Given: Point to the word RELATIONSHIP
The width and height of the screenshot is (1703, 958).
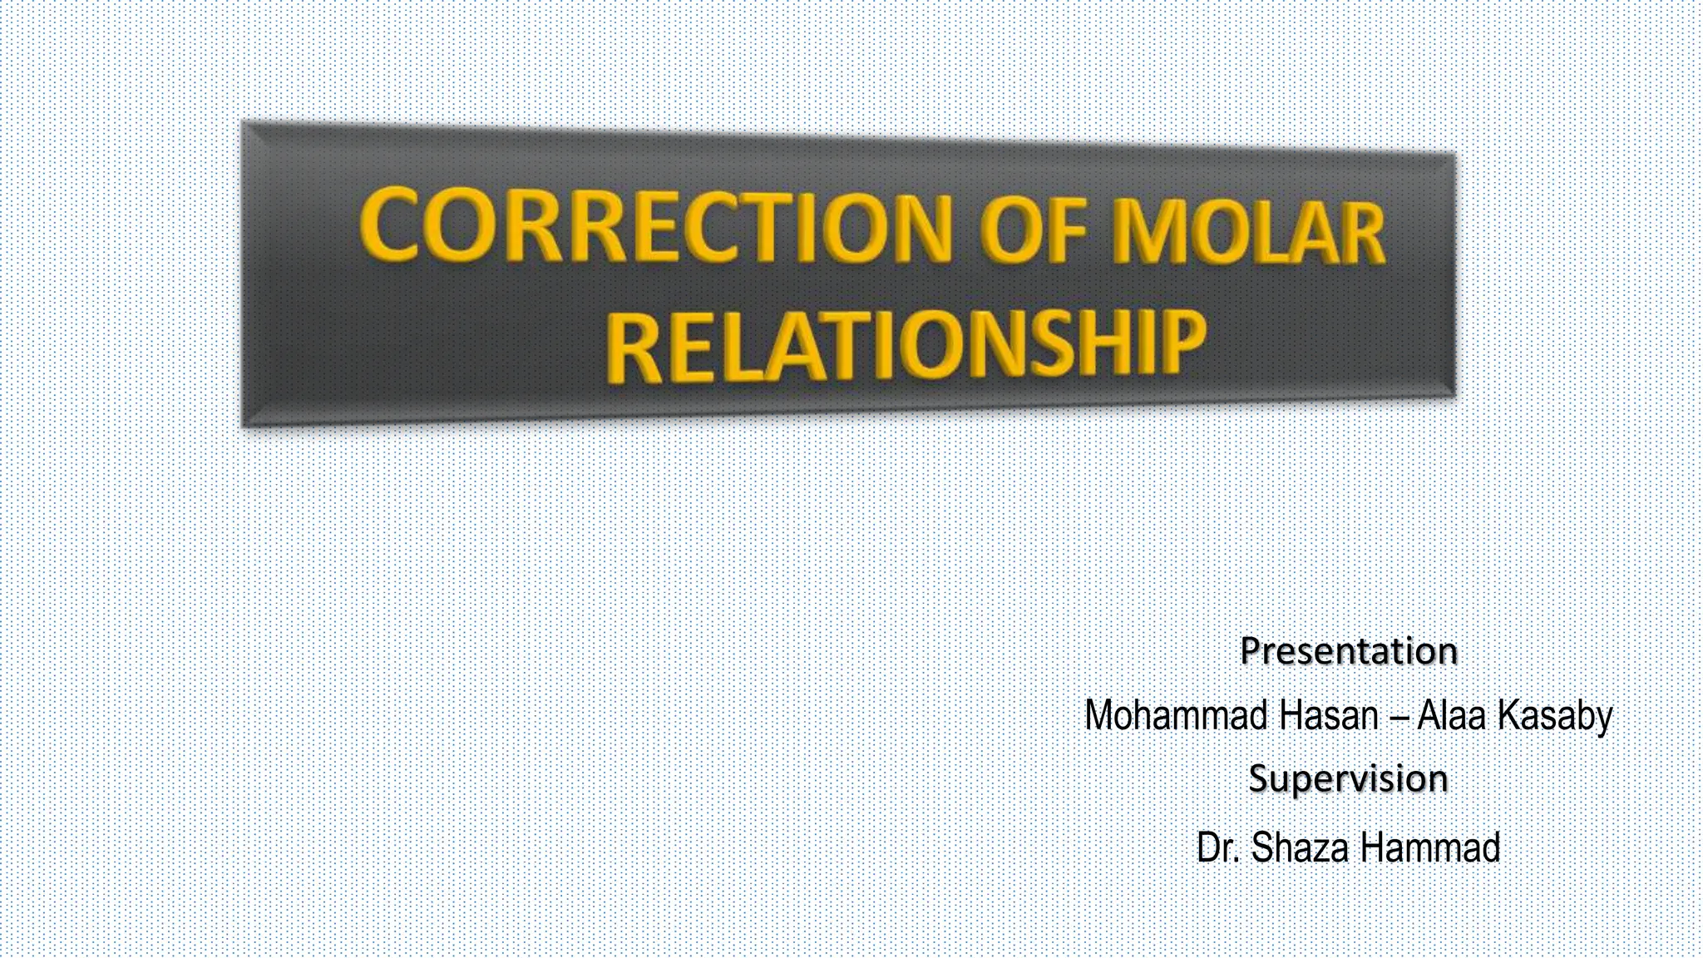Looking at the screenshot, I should pos(906,346).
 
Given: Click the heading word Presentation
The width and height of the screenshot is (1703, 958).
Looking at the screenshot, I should pos(1348,651).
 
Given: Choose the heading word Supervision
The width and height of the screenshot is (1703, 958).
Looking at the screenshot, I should pos(1348,779).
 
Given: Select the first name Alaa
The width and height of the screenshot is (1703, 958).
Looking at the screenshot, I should pos(1451,715).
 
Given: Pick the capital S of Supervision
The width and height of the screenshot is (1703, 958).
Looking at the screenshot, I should pos(1259,779).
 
